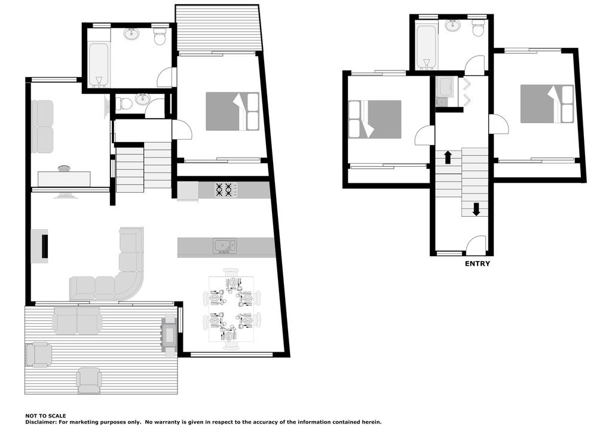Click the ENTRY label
click(x=477, y=264)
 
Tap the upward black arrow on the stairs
click(x=448, y=157)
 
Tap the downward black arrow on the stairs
click(x=476, y=209)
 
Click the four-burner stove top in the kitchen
click(x=224, y=190)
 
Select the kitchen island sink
click(x=225, y=246)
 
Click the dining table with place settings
click(x=231, y=309)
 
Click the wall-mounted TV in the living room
click(x=45, y=245)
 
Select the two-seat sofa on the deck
click(x=77, y=321)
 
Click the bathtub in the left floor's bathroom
click(x=99, y=65)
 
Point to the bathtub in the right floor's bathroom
click(x=425, y=46)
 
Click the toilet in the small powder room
click(x=124, y=103)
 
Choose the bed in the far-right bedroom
click(x=547, y=104)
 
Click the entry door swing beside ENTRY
click(x=476, y=244)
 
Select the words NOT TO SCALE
click(x=45, y=416)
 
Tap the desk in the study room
click(x=64, y=179)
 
